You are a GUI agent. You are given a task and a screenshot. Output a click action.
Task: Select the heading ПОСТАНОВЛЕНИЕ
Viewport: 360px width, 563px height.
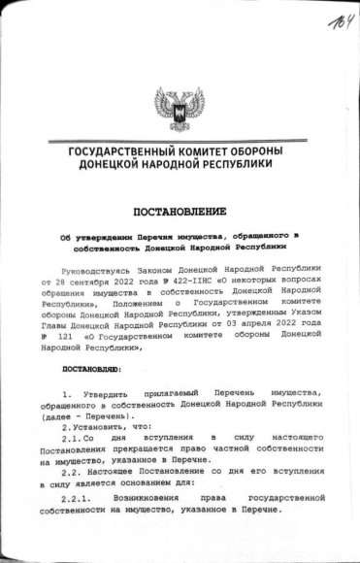tap(180, 210)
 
